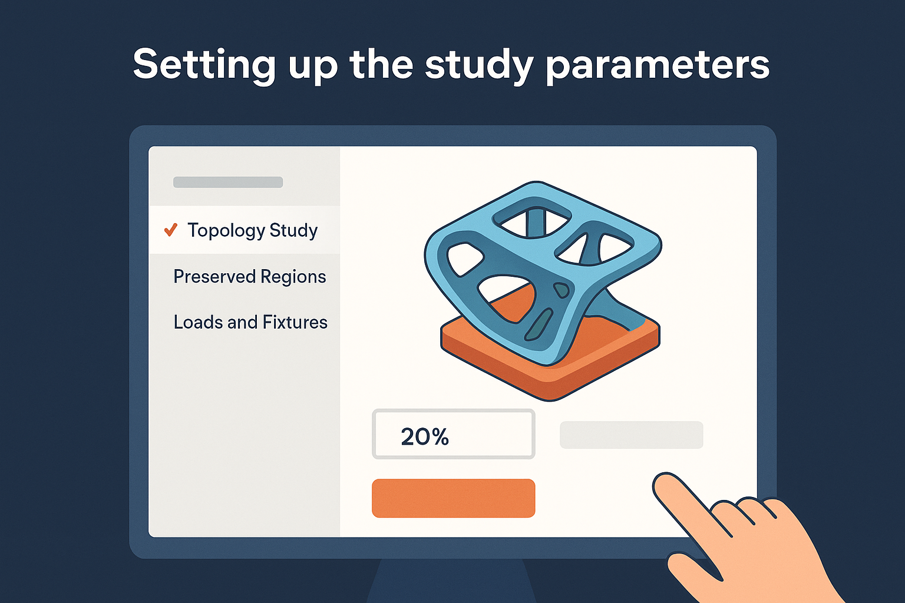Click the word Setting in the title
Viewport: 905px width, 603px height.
pos(204,65)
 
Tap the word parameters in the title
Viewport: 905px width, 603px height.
pos(658,65)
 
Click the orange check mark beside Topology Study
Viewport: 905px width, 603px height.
pos(170,230)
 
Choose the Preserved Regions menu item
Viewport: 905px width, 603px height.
pos(250,277)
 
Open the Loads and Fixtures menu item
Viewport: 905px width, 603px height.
pos(250,322)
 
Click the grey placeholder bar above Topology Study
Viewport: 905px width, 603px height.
pos(228,182)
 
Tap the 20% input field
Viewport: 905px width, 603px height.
pos(453,434)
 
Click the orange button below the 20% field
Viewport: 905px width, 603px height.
pos(453,498)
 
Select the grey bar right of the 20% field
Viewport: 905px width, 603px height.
pos(632,435)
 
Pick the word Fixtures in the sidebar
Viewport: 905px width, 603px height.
pos(295,322)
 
